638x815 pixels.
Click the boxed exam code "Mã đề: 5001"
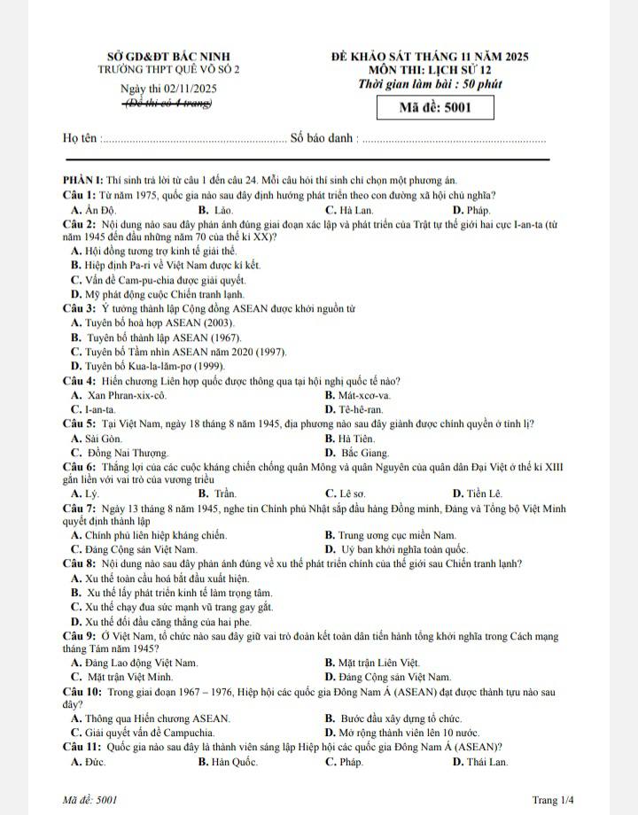(x=434, y=109)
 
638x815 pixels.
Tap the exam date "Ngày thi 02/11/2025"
(x=167, y=89)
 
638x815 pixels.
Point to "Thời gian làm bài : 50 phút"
(x=430, y=84)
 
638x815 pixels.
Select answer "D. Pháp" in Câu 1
(x=471, y=210)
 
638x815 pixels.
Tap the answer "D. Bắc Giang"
(x=358, y=453)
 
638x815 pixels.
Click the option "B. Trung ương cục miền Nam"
(x=390, y=535)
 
